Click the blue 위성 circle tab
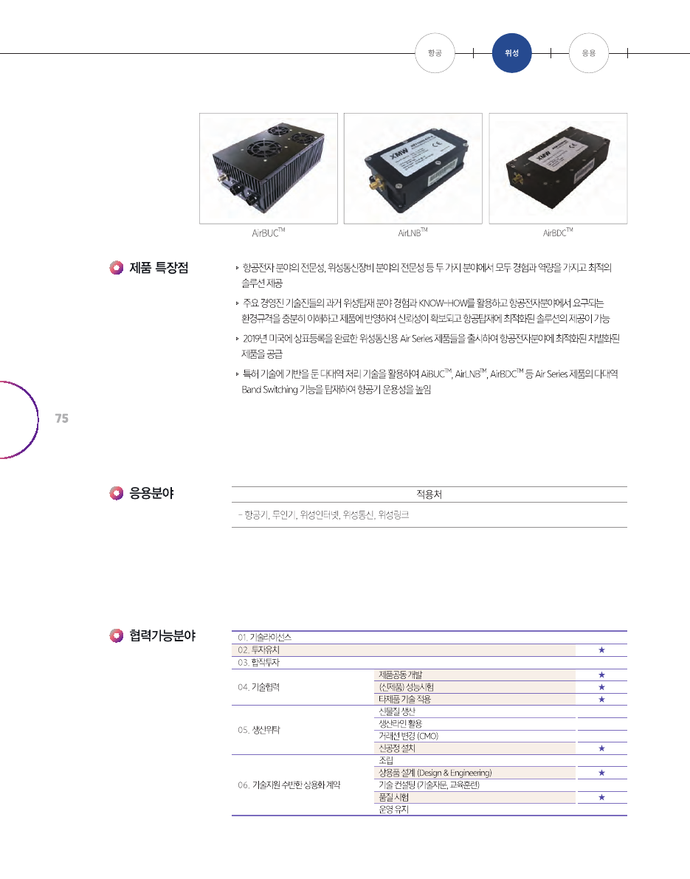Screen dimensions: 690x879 pos(511,53)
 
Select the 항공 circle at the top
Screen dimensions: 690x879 pos(435,53)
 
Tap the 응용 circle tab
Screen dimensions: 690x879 pos(589,53)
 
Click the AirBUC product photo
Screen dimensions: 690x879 pos(269,169)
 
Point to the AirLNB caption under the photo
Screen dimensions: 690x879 pos(413,232)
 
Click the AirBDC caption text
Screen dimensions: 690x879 pos(558,232)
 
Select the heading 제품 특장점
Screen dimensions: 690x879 pos(159,268)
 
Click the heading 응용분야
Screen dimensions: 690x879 pos(151,493)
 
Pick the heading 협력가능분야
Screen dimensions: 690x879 pos(162,635)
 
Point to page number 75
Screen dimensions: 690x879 pos(62,418)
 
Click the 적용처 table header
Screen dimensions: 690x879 pos(429,494)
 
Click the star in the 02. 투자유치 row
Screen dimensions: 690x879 pos(601,650)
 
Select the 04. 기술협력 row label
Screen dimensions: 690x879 pos(258,687)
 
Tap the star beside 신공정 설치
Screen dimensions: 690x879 pos(601,748)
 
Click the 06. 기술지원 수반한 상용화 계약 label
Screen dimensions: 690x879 pos(289,785)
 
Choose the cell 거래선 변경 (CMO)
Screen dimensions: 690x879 pos(409,736)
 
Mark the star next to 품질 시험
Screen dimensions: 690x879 pos(601,797)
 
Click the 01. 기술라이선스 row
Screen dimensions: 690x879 pos(265,638)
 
